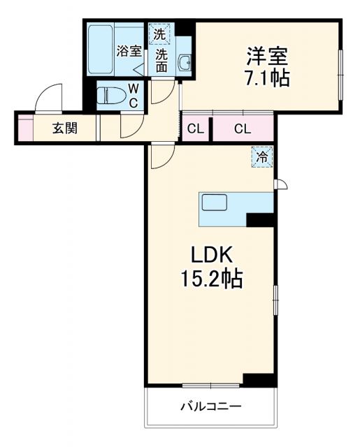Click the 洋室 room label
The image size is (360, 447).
point(267,54)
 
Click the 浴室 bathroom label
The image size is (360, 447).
point(129,51)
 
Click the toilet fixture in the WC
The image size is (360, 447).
point(113,96)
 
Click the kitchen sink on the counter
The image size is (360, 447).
point(214,203)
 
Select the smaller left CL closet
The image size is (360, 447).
point(196,128)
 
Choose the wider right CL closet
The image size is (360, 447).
point(242,128)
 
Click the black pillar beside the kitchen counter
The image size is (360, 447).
point(260,219)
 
